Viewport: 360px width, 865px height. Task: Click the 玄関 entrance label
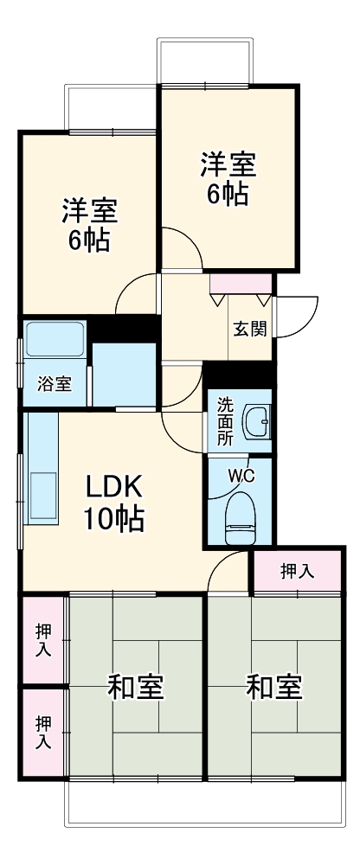pyautogui.click(x=250, y=329)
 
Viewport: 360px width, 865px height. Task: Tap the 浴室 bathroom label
pyautogui.click(x=54, y=385)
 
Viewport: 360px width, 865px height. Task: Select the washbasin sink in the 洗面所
pyautogui.click(x=257, y=422)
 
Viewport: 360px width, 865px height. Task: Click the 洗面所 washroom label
pyautogui.click(x=225, y=420)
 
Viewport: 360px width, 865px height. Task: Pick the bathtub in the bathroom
pyautogui.click(x=54, y=340)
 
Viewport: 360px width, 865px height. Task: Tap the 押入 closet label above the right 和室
pyautogui.click(x=297, y=571)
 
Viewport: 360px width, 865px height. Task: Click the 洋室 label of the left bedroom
pyautogui.click(x=89, y=211)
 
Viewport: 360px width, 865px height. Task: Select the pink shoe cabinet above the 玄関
pyautogui.click(x=241, y=283)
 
